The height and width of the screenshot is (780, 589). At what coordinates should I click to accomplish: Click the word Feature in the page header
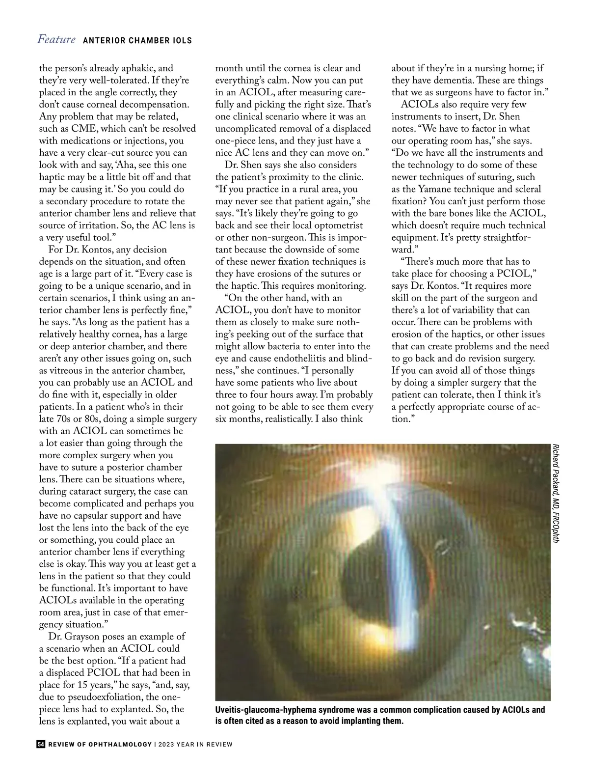(56, 39)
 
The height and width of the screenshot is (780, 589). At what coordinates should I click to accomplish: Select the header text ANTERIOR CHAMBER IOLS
(137, 40)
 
